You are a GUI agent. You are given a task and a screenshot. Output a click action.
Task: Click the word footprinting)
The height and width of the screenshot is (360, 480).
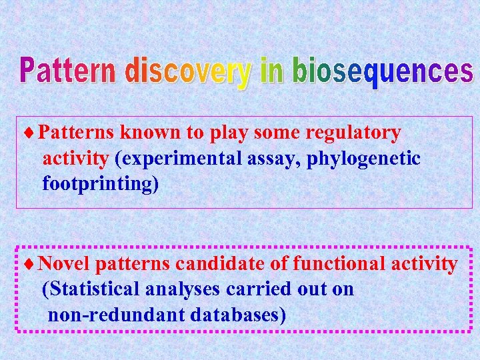[x=101, y=183]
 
